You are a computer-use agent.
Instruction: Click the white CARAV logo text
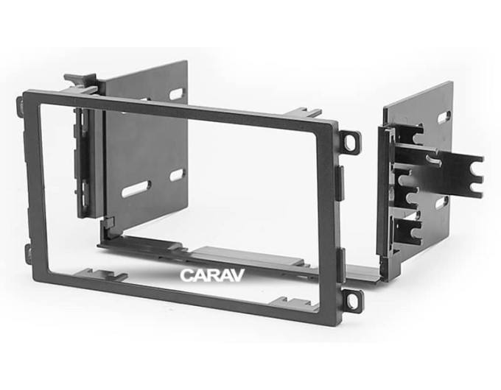(x=212, y=275)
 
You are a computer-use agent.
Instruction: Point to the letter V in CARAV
(x=238, y=275)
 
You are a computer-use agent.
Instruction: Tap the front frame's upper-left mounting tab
(x=20, y=106)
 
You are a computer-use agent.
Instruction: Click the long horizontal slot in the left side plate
(x=136, y=189)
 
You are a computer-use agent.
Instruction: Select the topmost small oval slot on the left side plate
(x=177, y=94)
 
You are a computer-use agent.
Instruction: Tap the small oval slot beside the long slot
(x=177, y=175)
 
